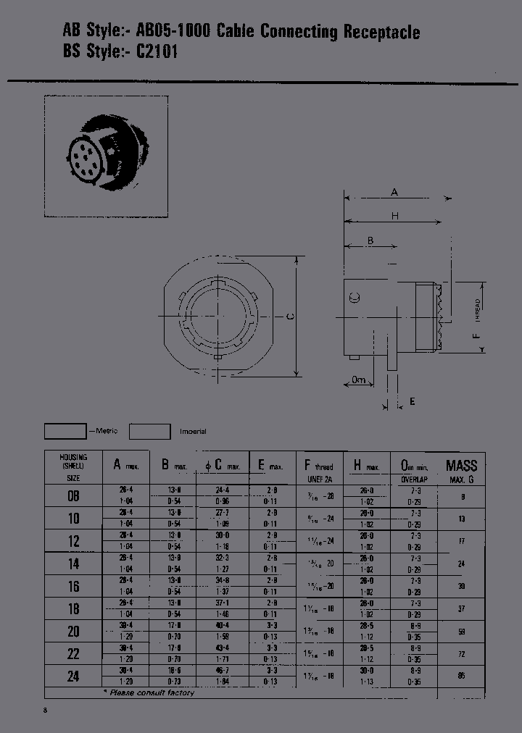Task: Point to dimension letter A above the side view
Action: (394, 193)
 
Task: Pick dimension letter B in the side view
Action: (370, 240)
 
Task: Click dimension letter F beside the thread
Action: (476, 336)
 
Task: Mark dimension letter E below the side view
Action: (413, 401)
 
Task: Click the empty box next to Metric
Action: (65, 431)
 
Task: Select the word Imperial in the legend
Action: (193, 432)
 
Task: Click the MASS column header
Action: (461, 466)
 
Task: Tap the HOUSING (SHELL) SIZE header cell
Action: (73, 467)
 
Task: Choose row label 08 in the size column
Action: (73, 496)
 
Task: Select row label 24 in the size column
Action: (73, 676)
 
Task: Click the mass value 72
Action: (461, 653)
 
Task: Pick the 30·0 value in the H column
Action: (369, 671)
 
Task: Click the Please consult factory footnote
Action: (152, 693)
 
